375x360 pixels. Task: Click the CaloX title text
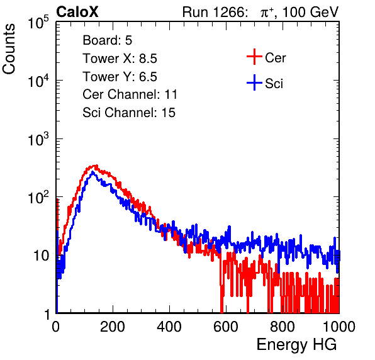(77, 12)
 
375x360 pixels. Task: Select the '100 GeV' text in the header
(311, 12)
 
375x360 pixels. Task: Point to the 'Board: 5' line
(108, 40)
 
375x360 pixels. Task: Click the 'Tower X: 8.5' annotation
(120, 59)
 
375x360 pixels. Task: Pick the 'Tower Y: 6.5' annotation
(120, 77)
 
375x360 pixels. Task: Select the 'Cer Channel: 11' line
(130, 94)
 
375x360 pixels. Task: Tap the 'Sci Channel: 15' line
(129, 113)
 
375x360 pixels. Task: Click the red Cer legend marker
(254, 57)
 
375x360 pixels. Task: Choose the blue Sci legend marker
(254, 83)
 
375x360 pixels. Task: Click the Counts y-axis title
(9, 49)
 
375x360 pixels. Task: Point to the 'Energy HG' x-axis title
(296, 345)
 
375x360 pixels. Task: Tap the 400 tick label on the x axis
(169, 327)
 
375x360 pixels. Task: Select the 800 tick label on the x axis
(283, 327)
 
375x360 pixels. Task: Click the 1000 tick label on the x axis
(339, 327)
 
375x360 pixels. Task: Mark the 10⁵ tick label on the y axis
(38, 22)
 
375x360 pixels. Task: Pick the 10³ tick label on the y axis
(38, 138)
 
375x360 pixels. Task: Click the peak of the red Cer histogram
(96, 166)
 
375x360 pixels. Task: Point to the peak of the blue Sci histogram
(93, 172)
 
